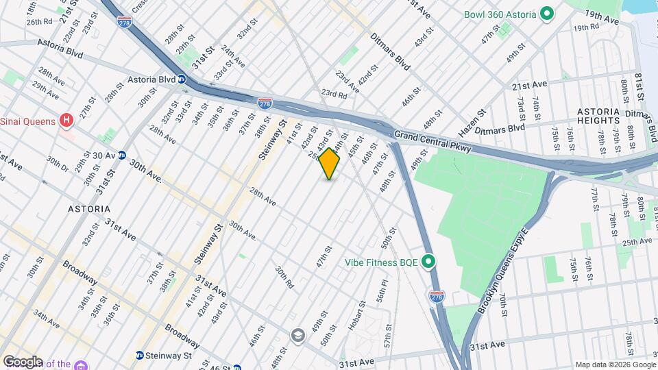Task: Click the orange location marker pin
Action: (330, 164)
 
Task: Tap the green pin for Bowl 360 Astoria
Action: (547, 13)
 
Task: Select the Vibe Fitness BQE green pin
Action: (429, 261)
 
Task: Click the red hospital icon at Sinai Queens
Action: (66, 121)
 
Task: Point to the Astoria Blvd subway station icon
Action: (183, 79)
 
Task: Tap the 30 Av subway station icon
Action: (121, 156)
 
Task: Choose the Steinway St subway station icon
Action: (140, 355)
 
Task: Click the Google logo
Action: (23, 361)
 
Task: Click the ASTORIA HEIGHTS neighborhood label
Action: (598, 116)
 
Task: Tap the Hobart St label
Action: (355, 314)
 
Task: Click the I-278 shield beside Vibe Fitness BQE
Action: (437, 296)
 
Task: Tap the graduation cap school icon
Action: (297, 335)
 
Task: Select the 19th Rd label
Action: (587, 27)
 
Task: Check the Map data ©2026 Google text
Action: (615, 365)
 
